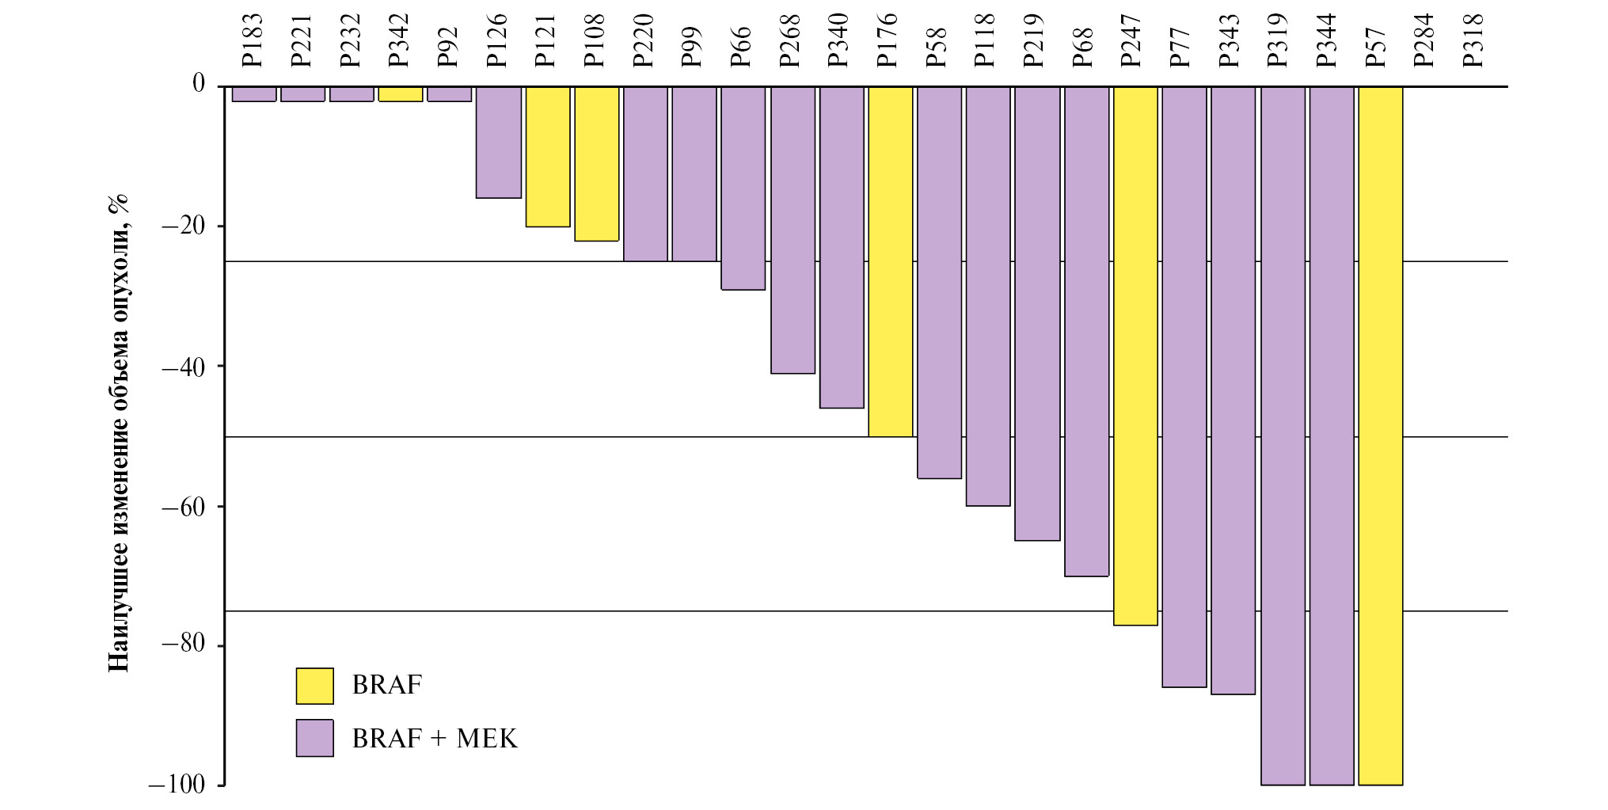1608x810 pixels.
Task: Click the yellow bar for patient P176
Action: [891, 261]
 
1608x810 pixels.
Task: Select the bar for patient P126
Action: [499, 143]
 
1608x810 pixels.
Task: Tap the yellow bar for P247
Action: [1135, 356]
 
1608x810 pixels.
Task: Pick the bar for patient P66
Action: [743, 188]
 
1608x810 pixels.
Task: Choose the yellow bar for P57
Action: [1381, 435]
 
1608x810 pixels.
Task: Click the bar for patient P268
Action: [793, 230]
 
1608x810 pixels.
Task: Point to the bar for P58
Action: [939, 282]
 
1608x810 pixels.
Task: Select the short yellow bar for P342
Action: [401, 94]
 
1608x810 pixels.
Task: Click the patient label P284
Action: [1424, 40]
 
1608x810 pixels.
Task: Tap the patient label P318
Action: [1473, 40]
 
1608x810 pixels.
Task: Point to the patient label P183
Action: [252, 40]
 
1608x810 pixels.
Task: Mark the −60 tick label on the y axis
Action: [183, 507]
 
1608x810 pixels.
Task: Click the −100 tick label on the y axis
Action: [177, 785]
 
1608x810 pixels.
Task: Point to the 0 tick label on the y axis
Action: [199, 83]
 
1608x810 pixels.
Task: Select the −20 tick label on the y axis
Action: [183, 226]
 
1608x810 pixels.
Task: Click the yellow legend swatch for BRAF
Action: [314, 686]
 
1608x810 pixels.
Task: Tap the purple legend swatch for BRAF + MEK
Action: [314, 738]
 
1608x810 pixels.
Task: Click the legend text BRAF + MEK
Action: [435, 739]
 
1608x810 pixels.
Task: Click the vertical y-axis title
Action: [119, 434]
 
